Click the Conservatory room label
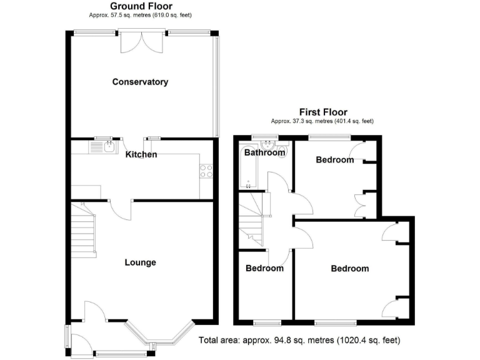click(140, 82)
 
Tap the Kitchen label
click(141, 154)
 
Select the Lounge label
click(140, 262)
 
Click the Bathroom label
click(264, 152)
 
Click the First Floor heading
click(322, 112)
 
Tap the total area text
click(299, 341)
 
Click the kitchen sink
click(102, 147)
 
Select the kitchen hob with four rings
click(206, 171)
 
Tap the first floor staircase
click(252, 219)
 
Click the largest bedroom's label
click(349, 269)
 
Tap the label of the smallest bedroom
click(264, 268)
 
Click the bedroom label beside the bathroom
click(334, 160)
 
